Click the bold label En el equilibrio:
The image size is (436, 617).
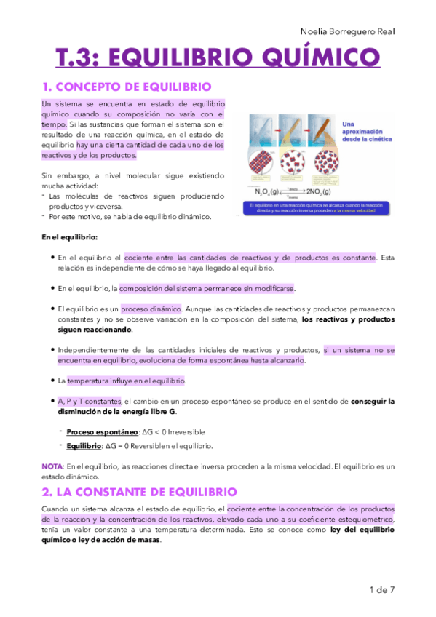[x=69, y=237]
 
